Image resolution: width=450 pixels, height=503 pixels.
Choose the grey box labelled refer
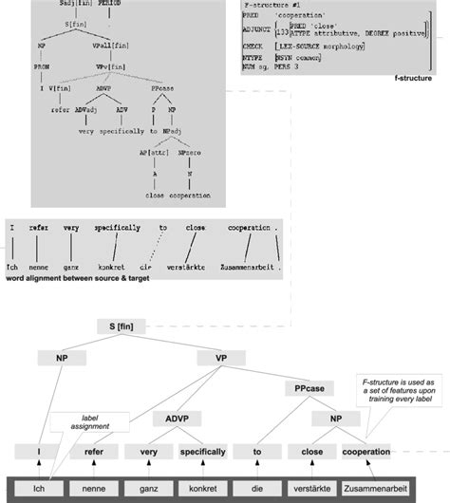coord(93,454)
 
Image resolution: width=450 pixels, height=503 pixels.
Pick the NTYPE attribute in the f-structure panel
coord(253,58)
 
